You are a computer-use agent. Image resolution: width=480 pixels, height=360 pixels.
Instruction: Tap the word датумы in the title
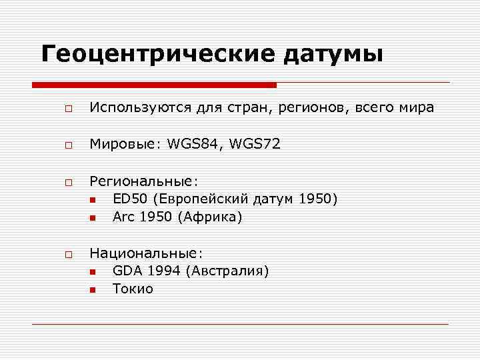pyautogui.click(x=333, y=55)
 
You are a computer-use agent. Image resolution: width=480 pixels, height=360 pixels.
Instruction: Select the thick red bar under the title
pyautogui.click(x=154, y=85)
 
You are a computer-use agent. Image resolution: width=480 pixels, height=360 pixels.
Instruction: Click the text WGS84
pyautogui.click(x=191, y=144)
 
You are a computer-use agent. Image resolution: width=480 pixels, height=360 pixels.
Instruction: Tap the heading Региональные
pyautogui.click(x=144, y=181)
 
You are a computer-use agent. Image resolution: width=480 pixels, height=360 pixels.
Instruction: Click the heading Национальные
pyautogui.click(x=146, y=253)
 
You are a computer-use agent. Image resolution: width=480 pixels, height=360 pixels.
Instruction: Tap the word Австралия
pyautogui.click(x=227, y=271)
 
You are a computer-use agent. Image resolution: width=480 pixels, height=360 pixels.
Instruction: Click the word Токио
pyautogui.click(x=133, y=289)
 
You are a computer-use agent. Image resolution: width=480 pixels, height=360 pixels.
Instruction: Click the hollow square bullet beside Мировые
pyautogui.click(x=68, y=145)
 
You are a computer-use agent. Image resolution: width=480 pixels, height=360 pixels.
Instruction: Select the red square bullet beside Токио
pyautogui.click(x=92, y=289)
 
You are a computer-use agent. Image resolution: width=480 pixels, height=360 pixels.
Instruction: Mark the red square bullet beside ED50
pyautogui.click(x=92, y=199)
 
